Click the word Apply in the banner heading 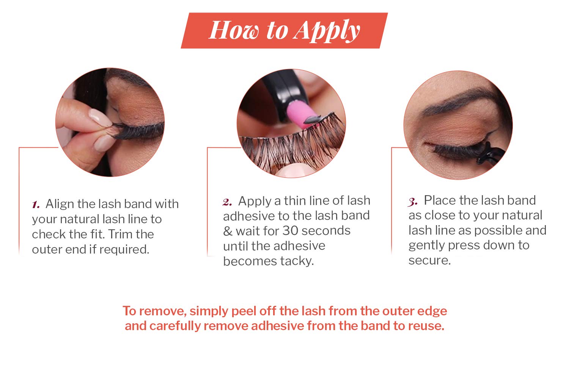(x=327, y=31)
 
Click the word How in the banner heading (x=234, y=30)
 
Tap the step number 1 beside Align (x=36, y=205)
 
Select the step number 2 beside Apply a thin (x=227, y=202)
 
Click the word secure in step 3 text (x=429, y=260)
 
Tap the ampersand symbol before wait (x=228, y=231)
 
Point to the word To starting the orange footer (x=129, y=311)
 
